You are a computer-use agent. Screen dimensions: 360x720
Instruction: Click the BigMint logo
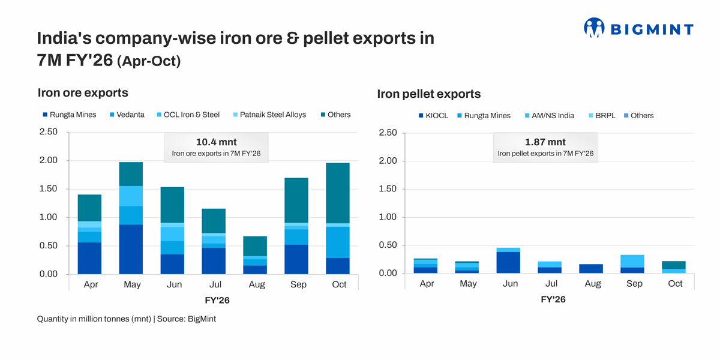[x=638, y=28]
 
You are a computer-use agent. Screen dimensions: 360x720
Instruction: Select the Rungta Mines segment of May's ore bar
[x=131, y=249]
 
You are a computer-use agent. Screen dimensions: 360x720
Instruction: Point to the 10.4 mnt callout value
[x=216, y=142]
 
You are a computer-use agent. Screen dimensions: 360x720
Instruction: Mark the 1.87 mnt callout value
[x=545, y=142]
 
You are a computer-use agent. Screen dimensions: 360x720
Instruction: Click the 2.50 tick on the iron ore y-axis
[x=48, y=132]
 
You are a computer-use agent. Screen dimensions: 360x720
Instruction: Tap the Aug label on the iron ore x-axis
[x=257, y=284]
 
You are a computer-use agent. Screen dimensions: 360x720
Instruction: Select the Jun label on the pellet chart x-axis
[x=510, y=284]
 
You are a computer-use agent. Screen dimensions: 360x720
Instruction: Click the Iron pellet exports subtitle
[x=428, y=94]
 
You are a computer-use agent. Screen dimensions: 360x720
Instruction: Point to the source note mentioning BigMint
[x=126, y=319]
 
